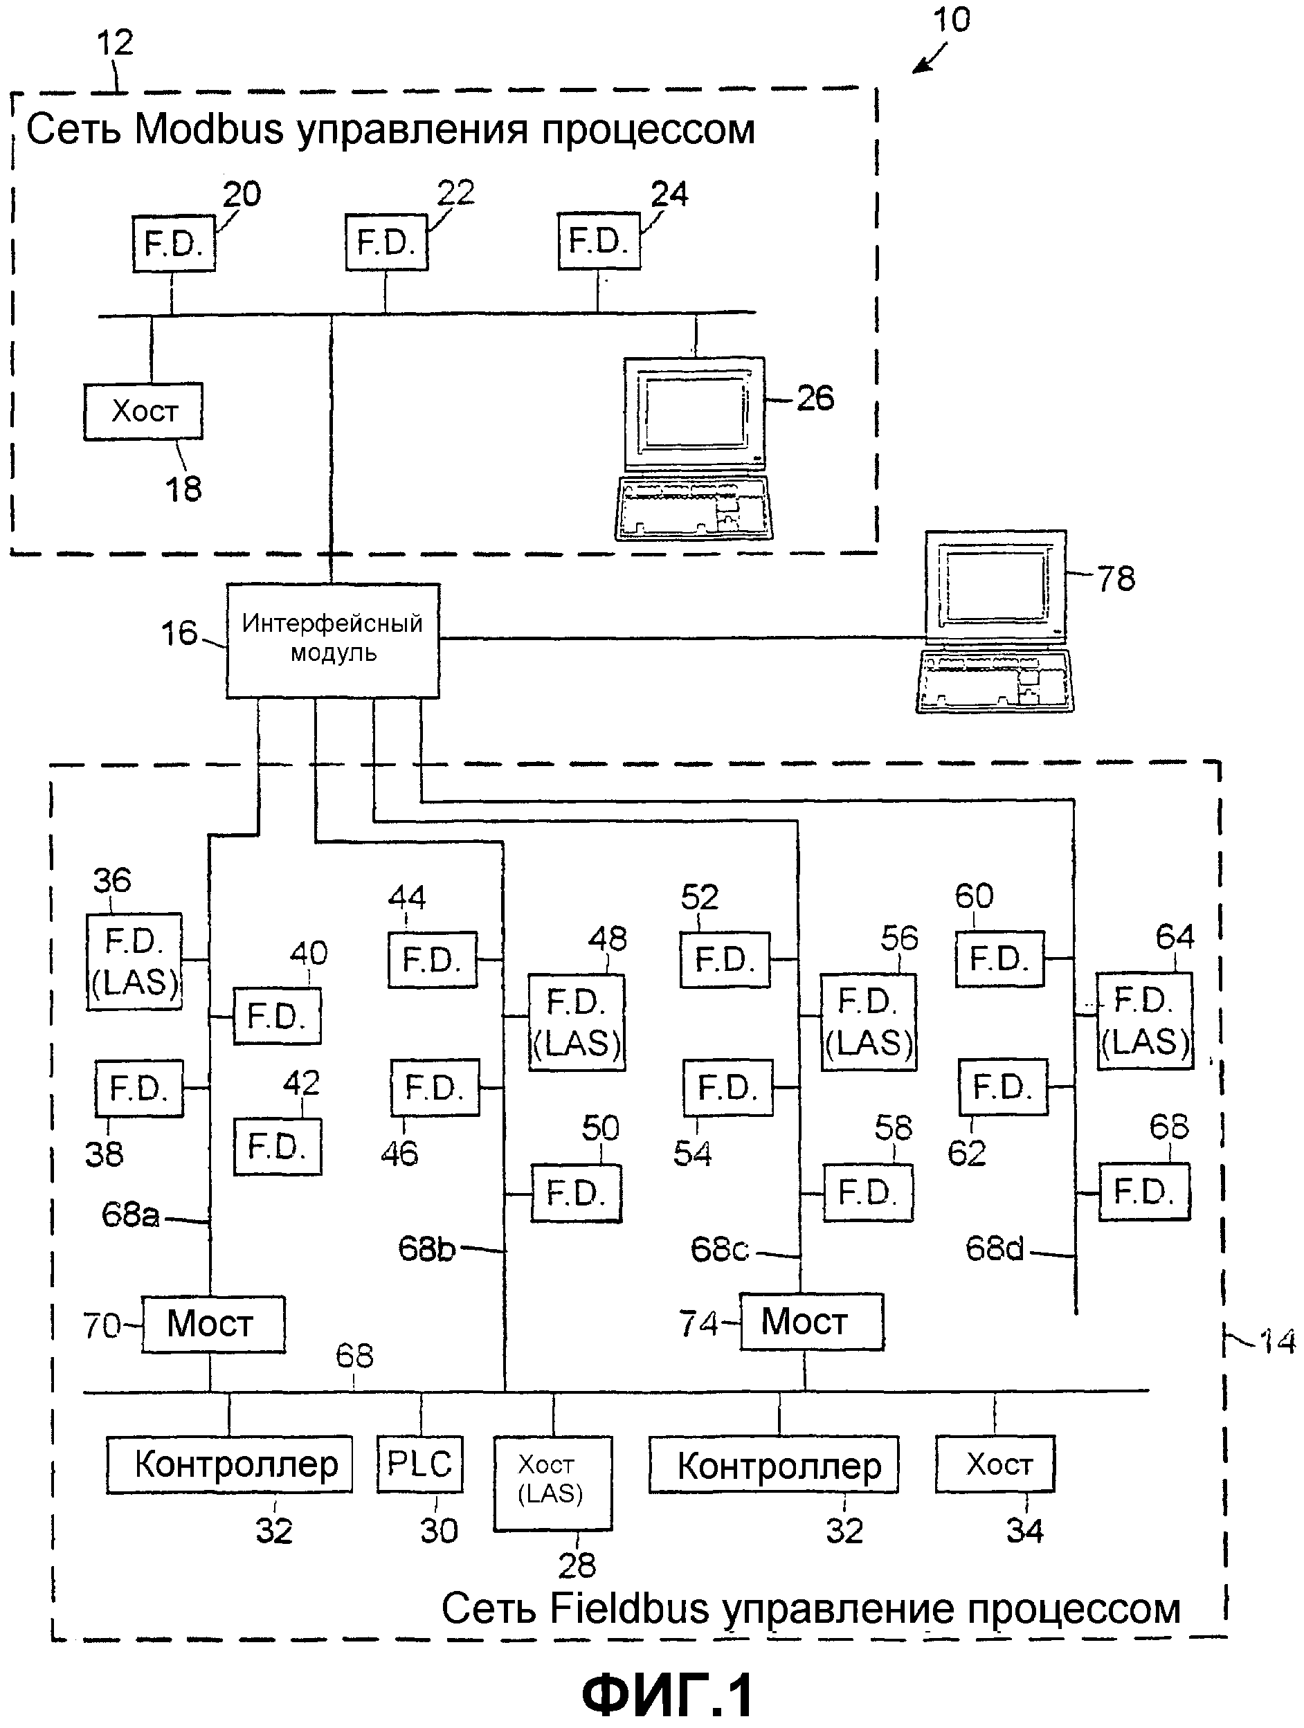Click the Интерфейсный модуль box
point(333,641)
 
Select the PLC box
point(419,1464)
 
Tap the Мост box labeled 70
point(213,1324)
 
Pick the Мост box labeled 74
point(812,1322)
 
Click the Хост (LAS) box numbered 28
point(552,1483)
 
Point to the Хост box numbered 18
point(144,411)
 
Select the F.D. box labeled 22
point(387,243)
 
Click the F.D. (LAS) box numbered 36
point(134,962)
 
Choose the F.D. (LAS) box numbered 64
point(1145,1021)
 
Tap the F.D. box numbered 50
point(577,1193)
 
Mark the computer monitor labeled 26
point(694,414)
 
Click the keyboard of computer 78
point(995,682)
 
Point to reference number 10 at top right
point(952,20)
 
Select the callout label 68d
point(994,1249)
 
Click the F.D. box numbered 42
point(278,1147)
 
